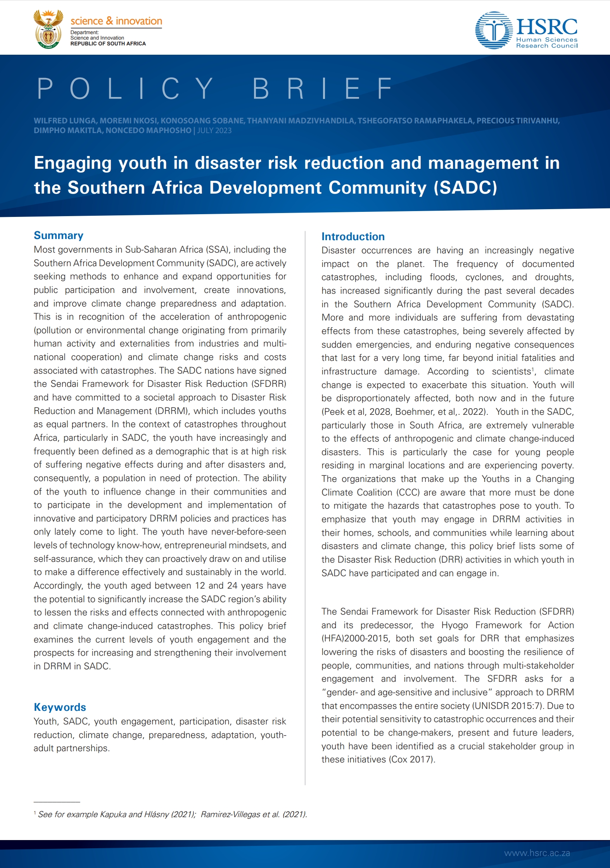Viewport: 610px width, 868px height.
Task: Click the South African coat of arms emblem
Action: [48, 29]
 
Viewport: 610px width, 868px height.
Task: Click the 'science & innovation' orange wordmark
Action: [116, 21]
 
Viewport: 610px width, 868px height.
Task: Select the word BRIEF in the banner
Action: [323, 88]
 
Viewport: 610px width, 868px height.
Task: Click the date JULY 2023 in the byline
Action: [214, 131]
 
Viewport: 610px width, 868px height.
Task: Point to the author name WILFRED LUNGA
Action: [64, 121]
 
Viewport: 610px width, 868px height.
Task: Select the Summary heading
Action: [59, 236]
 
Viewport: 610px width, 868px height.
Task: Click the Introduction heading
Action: [353, 237]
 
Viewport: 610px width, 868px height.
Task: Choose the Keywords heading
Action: [60, 707]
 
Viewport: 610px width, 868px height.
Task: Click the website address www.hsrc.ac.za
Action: [537, 853]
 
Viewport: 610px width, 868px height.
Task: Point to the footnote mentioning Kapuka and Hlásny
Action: [172, 814]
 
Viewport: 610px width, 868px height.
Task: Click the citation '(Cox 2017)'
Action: [412, 760]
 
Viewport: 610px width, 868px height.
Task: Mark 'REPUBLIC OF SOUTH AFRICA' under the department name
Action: [108, 44]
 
